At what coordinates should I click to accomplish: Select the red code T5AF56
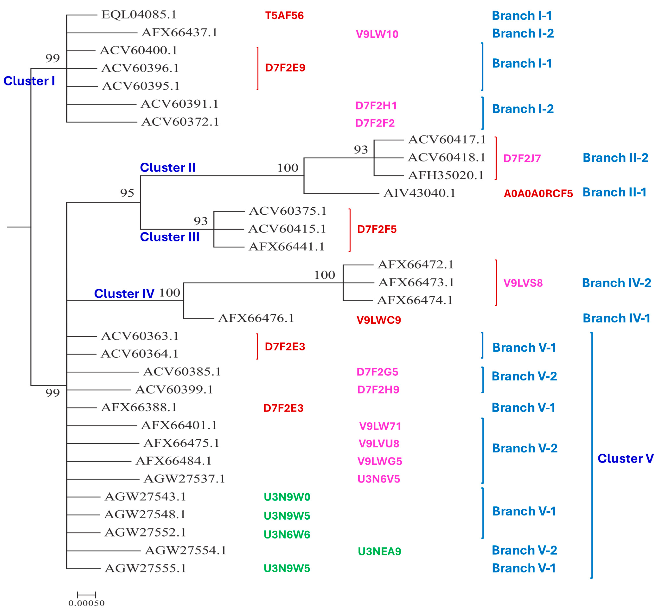tap(284, 16)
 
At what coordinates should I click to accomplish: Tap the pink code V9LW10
tap(377, 34)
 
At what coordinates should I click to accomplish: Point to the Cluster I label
tap(29, 81)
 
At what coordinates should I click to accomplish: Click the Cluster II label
tap(168, 168)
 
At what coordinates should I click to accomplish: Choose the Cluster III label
tap(170, 237)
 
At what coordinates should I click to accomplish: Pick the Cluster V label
tap(625, 459)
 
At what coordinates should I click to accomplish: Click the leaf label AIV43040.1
tap(419, 193)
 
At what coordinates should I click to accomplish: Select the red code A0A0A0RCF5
tap(538, 194)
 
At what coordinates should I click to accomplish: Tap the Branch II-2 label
tap(615, 158)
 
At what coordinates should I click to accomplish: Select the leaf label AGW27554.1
tap(185, 551)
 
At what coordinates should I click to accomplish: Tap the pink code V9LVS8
tap(523, 283)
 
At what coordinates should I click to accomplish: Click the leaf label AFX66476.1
tap(256, 318)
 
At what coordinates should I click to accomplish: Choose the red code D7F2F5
tap(377, 229)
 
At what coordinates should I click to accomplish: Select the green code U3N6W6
tap(287, 535)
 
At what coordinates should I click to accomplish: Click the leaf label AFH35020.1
tap(446, 175)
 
